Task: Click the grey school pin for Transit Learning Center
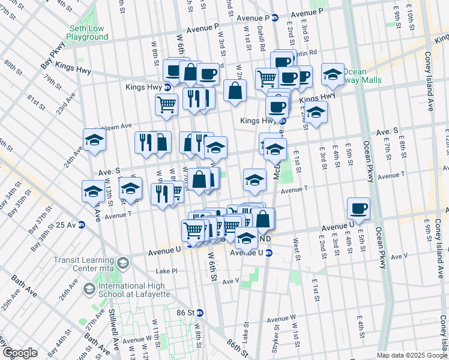point(123,263)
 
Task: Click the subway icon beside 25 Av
point(81,225)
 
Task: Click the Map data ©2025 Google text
point(411,355)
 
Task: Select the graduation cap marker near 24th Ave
point(95,140)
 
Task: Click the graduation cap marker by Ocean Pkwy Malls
point(333,74)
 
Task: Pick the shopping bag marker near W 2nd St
point(235,91)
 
